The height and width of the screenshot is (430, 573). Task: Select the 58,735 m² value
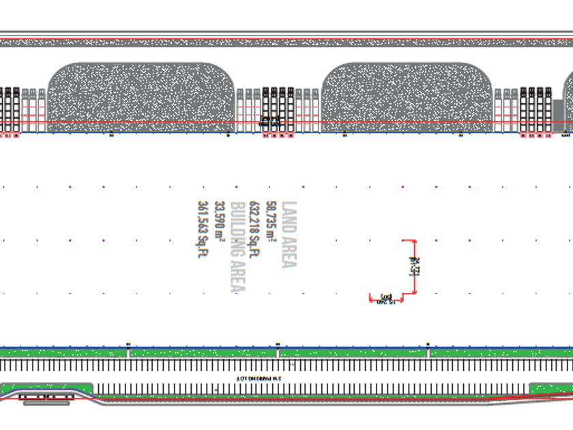271,223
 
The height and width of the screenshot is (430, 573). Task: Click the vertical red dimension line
415,267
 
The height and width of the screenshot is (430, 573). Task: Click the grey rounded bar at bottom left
46,403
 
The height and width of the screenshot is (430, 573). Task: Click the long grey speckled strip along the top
286,42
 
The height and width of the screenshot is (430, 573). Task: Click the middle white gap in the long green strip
278,353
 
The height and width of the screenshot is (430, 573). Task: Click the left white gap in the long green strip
128,353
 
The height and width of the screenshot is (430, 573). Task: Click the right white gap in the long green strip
428,353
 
